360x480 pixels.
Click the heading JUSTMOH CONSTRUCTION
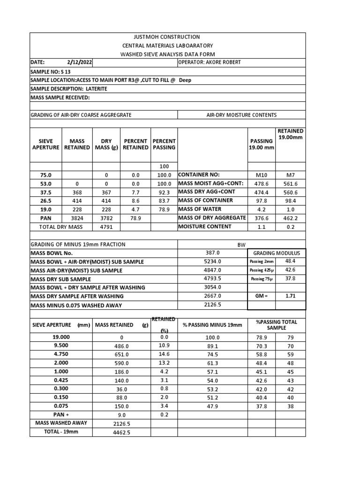click(167, 37)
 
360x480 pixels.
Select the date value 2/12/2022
click(80, 62)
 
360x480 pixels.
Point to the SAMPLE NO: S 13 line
click(45, 71)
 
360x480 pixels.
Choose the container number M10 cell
click(262, 174)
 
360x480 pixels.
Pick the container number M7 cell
click(291, 174)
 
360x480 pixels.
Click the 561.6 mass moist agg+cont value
click(291, 183)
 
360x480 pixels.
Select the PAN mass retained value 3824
click(77, 218)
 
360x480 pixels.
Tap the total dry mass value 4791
click(106, 227)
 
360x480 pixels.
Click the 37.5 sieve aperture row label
click(45, 192)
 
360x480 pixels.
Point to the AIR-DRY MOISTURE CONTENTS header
click(241, 115)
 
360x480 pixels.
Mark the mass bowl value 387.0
click(212, 253)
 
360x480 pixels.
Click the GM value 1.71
click(291, 297)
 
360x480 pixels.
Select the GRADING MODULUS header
click(277, 253)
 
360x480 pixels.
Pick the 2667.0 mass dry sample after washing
click(212, 296)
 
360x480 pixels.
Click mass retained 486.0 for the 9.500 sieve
click(121, 346)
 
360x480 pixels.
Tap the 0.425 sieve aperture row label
click(61, 381)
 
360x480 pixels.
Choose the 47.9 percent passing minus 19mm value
click(212, 406)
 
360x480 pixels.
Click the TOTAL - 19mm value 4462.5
click(121, 432)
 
